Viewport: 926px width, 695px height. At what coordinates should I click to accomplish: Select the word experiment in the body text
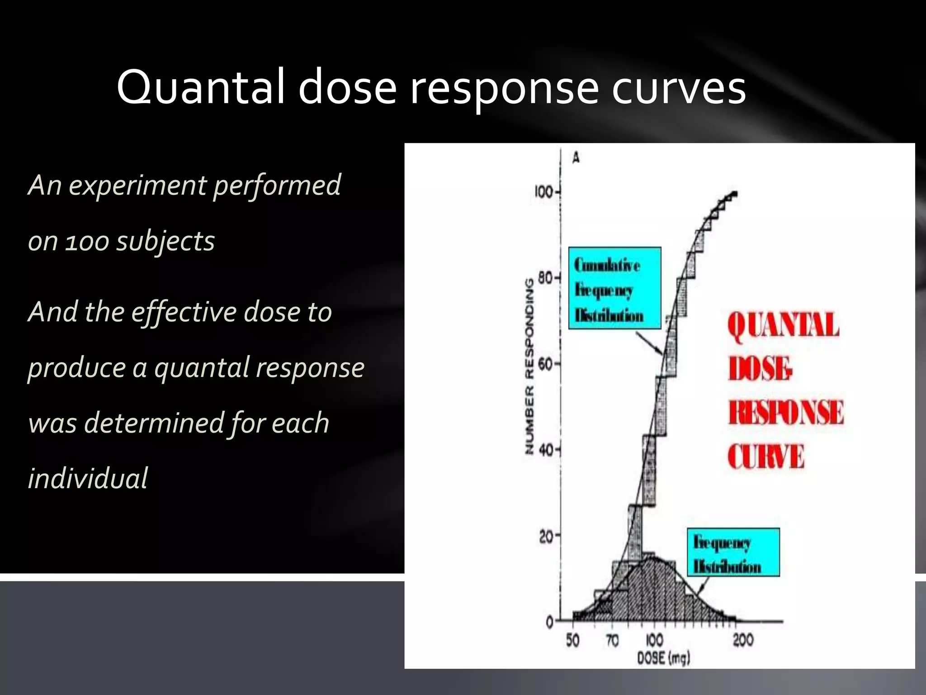[x=138, y=185]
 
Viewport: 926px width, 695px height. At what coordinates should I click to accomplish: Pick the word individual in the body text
[x=88, y=479]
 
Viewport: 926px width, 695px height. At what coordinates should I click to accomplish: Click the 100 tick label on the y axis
[x=543, y=192]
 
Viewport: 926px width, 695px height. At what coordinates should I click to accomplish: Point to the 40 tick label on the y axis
[x=546, y=450]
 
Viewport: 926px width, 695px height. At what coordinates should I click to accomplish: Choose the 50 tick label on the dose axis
[x=572, y=641]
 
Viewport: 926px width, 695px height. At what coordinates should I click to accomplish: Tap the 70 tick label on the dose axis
[x=612, y=641]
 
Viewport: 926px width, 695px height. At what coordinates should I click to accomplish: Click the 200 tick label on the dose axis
[x=743, y=641]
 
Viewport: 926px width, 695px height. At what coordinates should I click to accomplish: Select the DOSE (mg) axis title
[x=663, y=658]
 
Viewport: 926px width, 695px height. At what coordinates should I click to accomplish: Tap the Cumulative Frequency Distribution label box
[x=614, y=288]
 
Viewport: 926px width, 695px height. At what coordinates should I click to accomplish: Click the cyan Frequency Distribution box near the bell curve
[x=733, y=552]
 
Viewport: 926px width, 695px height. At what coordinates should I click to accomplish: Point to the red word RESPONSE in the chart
[x=785, y=412]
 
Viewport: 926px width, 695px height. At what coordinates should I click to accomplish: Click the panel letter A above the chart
[x=576, y=158]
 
